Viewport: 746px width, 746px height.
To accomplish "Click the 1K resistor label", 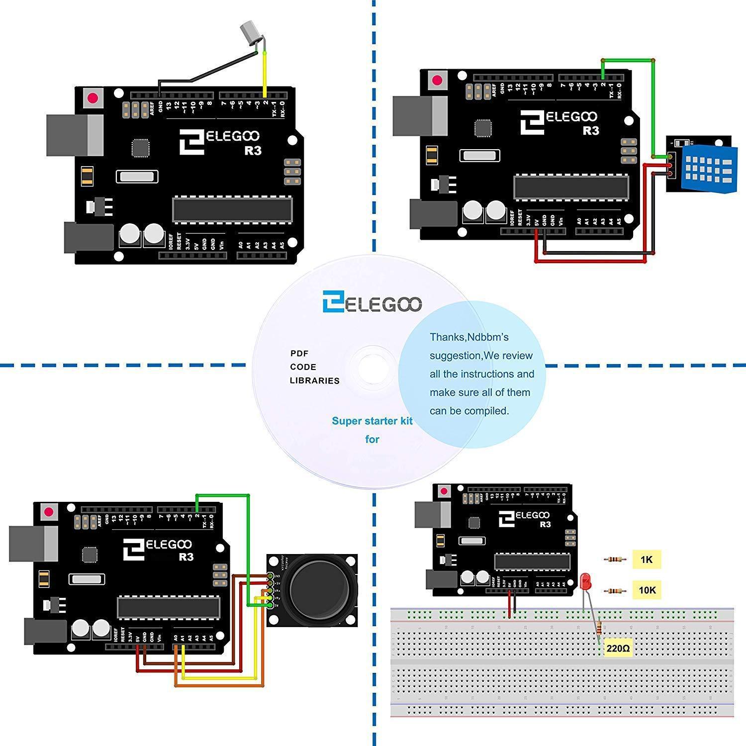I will coord(646,559).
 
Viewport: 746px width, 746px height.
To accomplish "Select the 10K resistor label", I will coord(647,590).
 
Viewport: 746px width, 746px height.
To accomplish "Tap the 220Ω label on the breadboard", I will coord(618,649).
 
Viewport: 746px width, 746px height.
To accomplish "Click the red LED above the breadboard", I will coord(585,580).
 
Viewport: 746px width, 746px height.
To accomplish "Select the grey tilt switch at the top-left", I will coord(249,31).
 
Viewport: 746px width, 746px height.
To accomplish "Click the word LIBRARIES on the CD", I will coord(314,381).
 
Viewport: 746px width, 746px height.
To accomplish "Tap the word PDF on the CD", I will coord(299,354).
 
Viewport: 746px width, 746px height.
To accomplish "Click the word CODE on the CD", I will coord(303,367).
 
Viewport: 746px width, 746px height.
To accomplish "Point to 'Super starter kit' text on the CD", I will coord(372,421).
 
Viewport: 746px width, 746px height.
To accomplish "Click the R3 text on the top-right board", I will coord(590,131).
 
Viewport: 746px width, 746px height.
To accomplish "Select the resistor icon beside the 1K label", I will coord(615,559).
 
